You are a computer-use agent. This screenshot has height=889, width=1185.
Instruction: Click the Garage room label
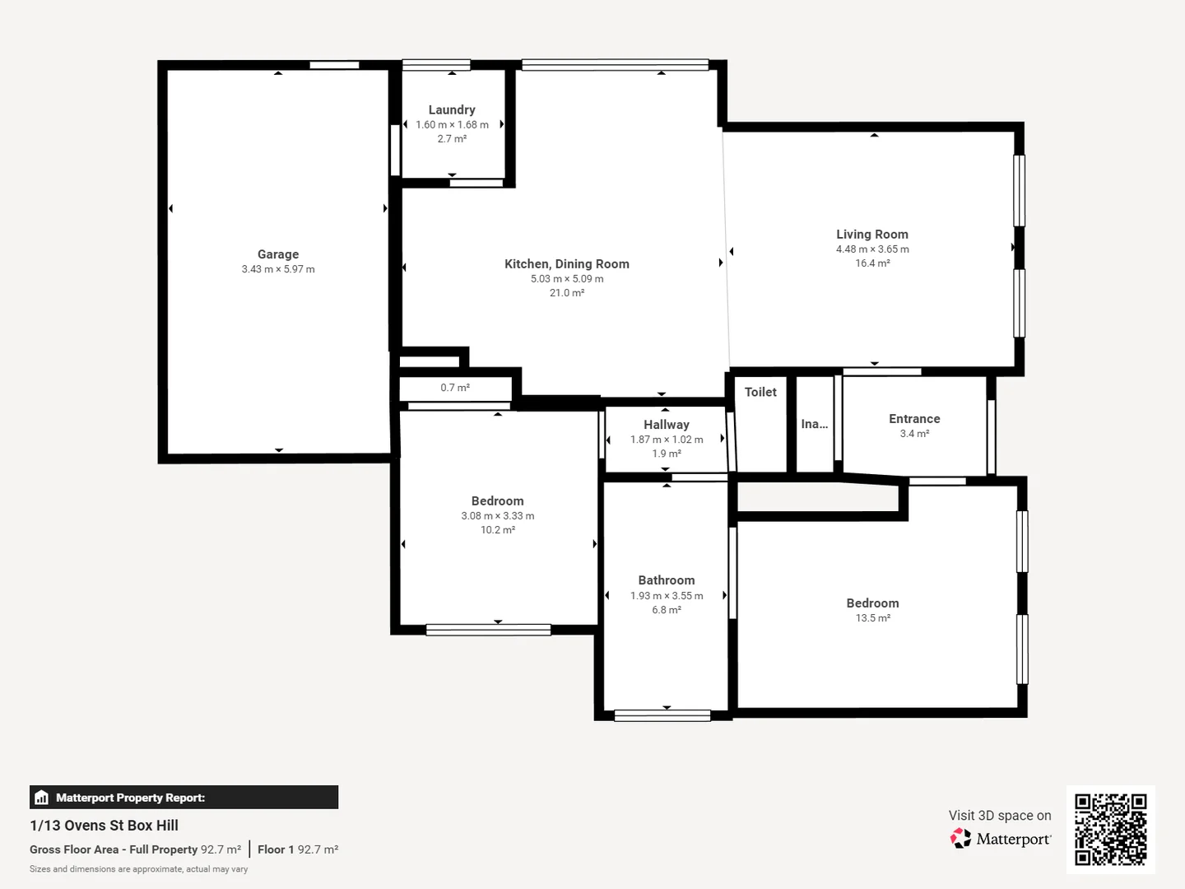(x=278, y=254)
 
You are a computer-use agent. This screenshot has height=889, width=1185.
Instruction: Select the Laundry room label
(x=452, y=109)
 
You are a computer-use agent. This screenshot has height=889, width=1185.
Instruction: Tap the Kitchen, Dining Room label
(x=567, y=263)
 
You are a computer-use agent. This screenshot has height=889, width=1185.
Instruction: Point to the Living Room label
(x=872, y=235)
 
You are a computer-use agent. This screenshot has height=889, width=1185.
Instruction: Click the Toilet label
(x=760, y=392)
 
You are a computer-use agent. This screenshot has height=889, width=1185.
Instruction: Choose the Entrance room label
(x=914, y=419)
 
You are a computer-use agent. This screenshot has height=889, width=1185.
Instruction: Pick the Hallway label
(x=667, y=425)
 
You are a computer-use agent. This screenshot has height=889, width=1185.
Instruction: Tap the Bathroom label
(x=667, y=580)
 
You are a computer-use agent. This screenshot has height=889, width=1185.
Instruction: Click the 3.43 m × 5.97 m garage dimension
(x=278, y=269)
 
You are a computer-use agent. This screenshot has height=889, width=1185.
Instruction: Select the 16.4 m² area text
(x=872, y=263)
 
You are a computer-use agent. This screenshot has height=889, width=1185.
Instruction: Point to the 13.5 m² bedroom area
(x=872, y=618)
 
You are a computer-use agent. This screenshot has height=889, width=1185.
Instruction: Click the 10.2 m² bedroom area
(x=498, y=530)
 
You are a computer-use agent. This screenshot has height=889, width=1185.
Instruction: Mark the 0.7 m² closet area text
(x=455, y=388)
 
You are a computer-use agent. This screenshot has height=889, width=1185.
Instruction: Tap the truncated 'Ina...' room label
(x=815, y=424)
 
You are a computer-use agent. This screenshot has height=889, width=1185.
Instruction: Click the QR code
(x=1110, y=829)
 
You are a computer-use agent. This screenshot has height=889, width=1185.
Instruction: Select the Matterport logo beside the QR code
(x=1001, y=839)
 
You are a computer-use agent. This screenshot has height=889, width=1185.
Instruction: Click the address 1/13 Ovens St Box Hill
(x=105, y=826)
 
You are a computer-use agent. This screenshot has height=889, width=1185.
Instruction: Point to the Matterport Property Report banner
(x=184, y=798)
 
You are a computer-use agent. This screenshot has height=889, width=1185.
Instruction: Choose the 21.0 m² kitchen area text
(x=567, y=293)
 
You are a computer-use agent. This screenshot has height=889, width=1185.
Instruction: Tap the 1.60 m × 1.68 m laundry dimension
(x=452, y=125)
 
